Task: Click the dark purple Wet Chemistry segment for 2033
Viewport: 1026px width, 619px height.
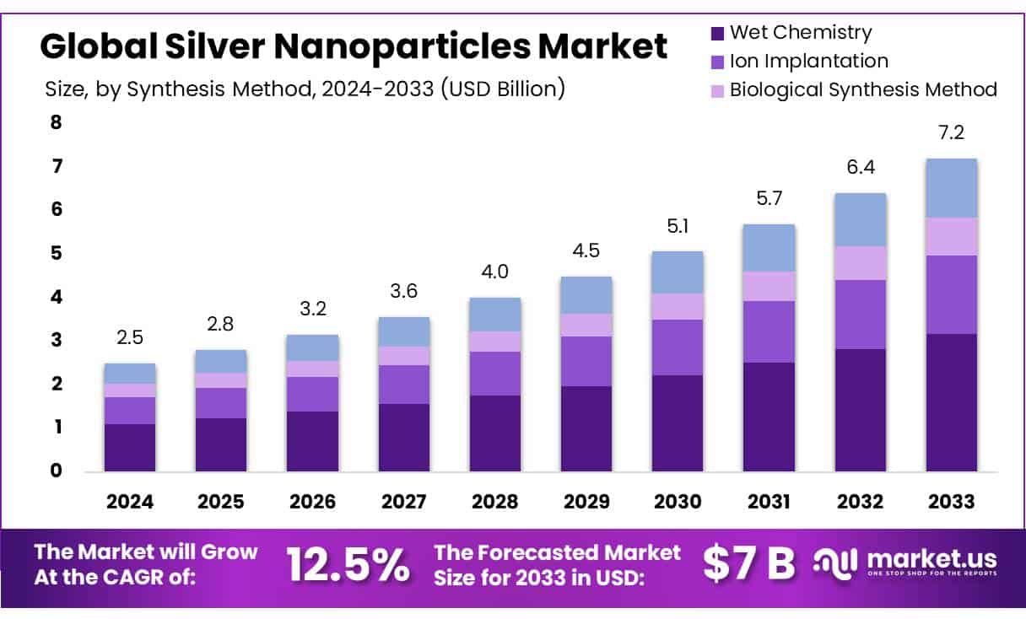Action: (x=951, y=402)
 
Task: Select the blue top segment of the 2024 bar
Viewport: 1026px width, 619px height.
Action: (x=130, y=374)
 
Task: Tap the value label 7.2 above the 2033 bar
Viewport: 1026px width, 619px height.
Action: (x=951, y=133)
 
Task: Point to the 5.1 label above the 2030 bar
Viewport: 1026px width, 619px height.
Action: (x=678, y=226)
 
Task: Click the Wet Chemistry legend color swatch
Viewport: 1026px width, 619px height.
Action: (x=717, y=34)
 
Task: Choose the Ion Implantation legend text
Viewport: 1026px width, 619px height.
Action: (x=808, y=61)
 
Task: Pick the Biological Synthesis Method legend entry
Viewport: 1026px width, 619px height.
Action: (x=862, y=89)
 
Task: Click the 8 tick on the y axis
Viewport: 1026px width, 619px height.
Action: (x=56, y=122)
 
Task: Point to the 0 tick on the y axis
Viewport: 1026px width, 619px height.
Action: (x=56, y=471)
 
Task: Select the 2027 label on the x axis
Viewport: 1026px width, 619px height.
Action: (x=403, y=502)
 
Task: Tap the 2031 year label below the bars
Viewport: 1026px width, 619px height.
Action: (x=769, y=502)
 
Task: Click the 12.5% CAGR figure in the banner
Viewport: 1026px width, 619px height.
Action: (x=348, y=565)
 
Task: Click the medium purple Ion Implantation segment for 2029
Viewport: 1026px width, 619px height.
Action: (x=586, y=361)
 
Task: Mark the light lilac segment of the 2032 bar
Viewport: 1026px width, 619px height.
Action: (x=860, y=263)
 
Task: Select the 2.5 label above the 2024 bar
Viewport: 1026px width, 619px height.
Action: (x=130, y=337)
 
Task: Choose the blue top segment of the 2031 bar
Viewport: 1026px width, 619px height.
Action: (x=769, y=248)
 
